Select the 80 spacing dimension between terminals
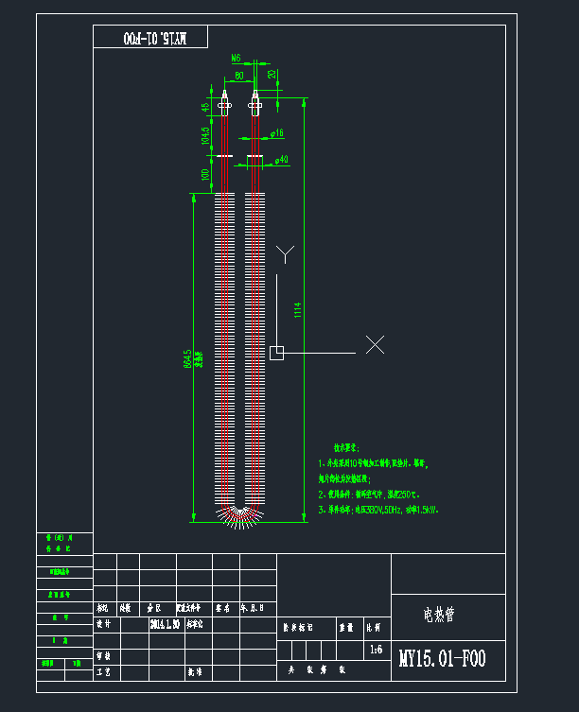pos(238,74)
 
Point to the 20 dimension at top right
pos(272,74)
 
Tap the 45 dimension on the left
pos(204,108)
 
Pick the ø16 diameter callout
pos(277,134)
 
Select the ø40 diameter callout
pos(281,160)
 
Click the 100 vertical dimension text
pos(204,175)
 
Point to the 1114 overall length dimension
pos(297,309)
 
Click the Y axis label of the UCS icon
pos(285,253)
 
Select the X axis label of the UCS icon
pos(375,345)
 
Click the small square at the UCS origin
pos(276,353)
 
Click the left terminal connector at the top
pos(224,102)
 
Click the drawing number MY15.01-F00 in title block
pos(442,659)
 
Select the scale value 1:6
pos(376,650)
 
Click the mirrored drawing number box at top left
pos(151,38)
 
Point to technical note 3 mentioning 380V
pos(378,510)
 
